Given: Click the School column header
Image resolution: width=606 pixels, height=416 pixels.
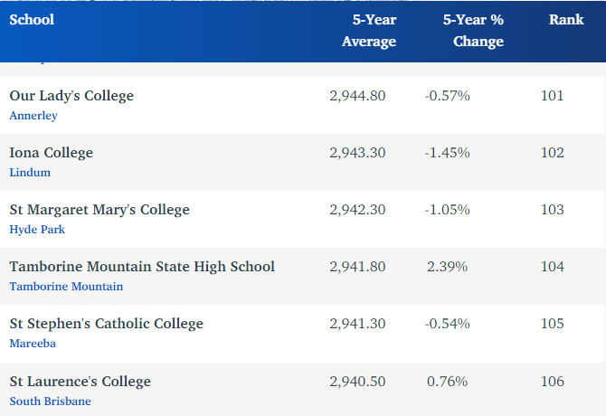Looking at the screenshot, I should [x=32, y=20].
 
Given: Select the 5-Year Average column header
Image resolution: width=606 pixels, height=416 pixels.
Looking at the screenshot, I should [x=369, y=31].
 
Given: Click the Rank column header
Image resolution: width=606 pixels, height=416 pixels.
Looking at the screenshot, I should [x=565, y=20].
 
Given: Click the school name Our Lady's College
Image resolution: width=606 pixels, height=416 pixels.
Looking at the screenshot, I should [x=71, y=95].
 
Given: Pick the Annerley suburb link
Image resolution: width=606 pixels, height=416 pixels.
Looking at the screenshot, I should [x=33, y=115].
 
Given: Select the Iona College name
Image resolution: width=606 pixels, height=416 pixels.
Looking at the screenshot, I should [x=51, y=152].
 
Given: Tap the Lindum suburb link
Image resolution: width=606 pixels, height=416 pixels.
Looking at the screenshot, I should [x=30, y=172].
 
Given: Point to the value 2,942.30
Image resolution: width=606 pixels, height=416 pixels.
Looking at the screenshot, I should [x=357, y=209].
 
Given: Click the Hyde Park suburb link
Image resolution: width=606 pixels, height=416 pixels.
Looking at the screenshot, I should [x=37, y=229].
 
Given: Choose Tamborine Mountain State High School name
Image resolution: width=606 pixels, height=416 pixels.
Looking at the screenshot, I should [x=142, y=266].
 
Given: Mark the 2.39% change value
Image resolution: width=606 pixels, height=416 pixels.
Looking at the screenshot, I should [x=447, y=266].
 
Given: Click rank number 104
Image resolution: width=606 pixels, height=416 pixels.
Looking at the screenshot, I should [x=552, y=266].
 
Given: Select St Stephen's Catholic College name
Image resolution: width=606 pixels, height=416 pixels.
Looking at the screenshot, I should [x=106, y=323].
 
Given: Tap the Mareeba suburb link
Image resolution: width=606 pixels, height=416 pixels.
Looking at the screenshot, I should [x=33, y=343].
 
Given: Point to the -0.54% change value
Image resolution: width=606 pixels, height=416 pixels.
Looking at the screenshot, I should [x=447, y=323].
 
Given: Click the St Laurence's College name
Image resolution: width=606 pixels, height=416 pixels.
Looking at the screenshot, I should [x=80, y=381].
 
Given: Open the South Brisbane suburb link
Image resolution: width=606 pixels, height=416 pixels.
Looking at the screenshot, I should [x=50, y=401].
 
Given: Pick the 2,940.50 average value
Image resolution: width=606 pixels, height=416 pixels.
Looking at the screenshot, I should [x=357, y=381].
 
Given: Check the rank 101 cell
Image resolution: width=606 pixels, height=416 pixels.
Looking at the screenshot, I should [x=552, y=95].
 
